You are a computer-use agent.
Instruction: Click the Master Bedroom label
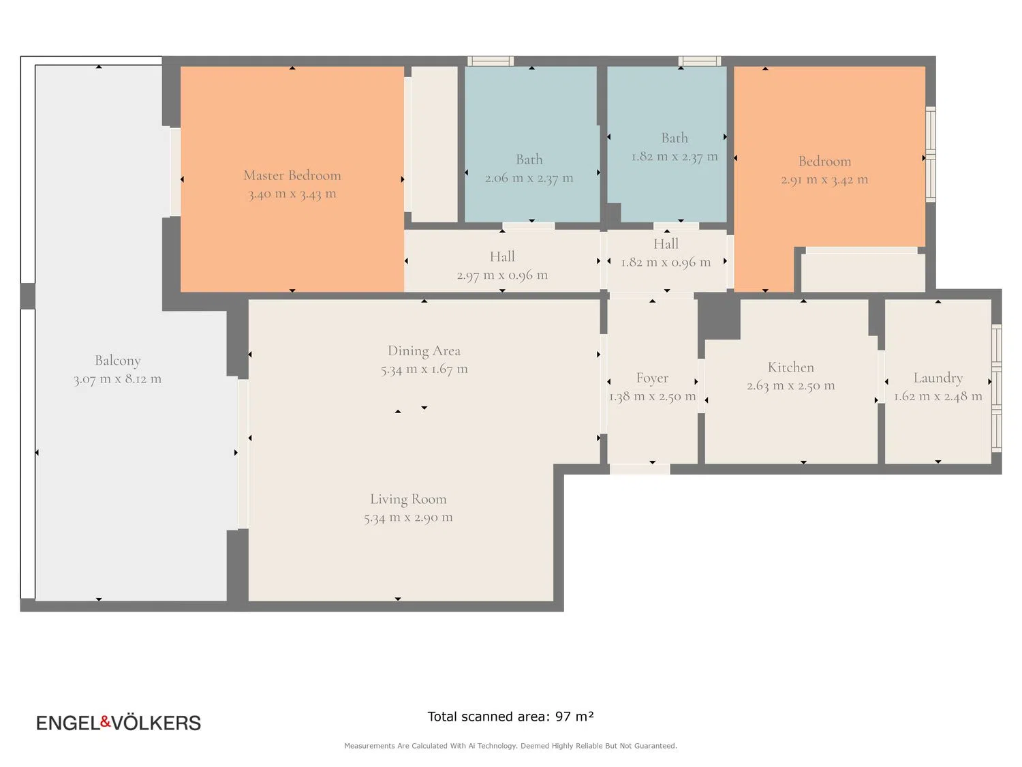pos(292,175)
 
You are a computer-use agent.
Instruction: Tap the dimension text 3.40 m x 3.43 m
pos(292,194)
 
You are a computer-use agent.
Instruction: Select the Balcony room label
pos(117,361)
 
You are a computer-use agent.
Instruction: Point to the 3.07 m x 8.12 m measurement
pos(117,379)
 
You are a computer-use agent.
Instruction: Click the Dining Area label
pos(424,350)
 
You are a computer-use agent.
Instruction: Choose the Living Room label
pos(408,499)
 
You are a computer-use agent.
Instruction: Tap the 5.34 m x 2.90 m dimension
pos(408,517)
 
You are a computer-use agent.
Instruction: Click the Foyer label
pos(652,378)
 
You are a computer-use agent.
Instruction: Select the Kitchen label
pos(790,367)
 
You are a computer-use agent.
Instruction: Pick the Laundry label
pos(938,378)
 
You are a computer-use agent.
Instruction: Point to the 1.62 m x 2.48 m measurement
pos(938,396)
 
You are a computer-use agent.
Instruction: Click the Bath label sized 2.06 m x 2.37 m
pos(529,160)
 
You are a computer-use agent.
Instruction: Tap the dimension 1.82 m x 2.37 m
pos(675,157)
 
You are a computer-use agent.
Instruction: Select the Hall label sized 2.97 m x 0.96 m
pos(502,256)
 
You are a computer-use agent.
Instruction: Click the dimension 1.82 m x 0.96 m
pos(666,262)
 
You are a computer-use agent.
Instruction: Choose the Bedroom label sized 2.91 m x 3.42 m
pos(824,161)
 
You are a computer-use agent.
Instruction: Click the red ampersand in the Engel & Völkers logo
pos(106,721)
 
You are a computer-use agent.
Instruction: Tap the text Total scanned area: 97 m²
pos(510,717)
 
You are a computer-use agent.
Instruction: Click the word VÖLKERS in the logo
pos(157,723)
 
